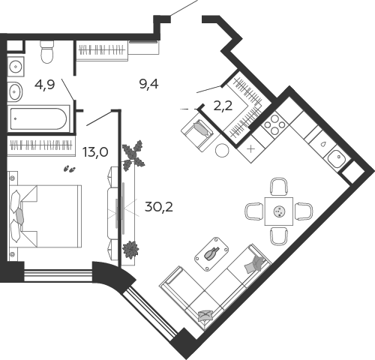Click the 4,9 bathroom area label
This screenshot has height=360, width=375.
tap(45, 85)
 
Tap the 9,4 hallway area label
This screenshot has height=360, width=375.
tap(148, 84)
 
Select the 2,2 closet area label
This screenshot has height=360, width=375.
tap(223, 106)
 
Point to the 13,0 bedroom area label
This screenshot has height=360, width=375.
tap(95, 152)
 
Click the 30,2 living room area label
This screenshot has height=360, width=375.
tap(159, 207)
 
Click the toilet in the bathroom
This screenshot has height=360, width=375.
tap(47, 52)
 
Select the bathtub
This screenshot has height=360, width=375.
tap(38, 119)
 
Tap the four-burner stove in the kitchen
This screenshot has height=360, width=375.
tap(275, 124)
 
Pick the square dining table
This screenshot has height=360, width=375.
tap(279, 211)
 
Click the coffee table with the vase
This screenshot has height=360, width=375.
tap(211, 254)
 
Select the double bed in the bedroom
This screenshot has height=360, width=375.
tap(46, 216)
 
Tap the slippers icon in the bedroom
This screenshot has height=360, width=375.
tap(69, 169)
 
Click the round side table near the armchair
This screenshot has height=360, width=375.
tap(222, 151)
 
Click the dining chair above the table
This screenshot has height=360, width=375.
tap(279, 187)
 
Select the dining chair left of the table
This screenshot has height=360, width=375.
tap(253, 211)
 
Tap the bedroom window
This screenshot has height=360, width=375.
tap(58, 275)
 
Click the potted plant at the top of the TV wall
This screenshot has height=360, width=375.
tap(133, 155)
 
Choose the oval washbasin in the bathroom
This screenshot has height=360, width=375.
tap(15, 91)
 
